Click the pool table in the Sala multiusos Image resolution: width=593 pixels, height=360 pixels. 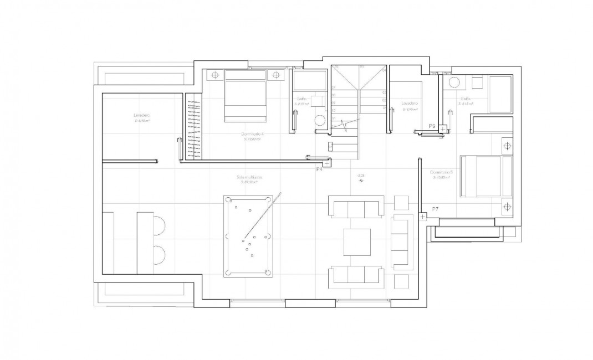click(248, 236)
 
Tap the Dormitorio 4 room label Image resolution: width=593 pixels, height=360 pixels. click(252, 135)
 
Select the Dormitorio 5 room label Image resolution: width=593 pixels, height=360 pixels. click(442, 172)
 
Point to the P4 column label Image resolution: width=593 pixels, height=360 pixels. click(319, 169)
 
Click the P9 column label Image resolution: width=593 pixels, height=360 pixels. click(432, 126)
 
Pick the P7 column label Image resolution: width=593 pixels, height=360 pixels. click(436, 209)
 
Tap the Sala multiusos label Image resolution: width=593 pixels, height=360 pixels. click(251, 177)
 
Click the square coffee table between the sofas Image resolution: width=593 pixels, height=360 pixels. click(356, 242)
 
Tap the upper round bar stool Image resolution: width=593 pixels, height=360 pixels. click(157, 224)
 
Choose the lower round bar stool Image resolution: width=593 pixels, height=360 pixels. click(157, 256)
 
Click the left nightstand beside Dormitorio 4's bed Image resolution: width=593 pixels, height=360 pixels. click(213, 75)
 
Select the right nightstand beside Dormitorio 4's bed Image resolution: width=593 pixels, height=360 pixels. click(276, 75)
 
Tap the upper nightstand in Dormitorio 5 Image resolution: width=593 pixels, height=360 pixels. click(506, 146)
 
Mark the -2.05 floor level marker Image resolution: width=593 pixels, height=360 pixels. click(360, 176)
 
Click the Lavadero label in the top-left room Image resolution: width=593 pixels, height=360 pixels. click(141, 115)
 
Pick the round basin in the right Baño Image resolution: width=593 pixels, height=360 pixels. click(454, 83)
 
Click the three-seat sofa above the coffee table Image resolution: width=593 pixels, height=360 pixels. click(356, 207)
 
